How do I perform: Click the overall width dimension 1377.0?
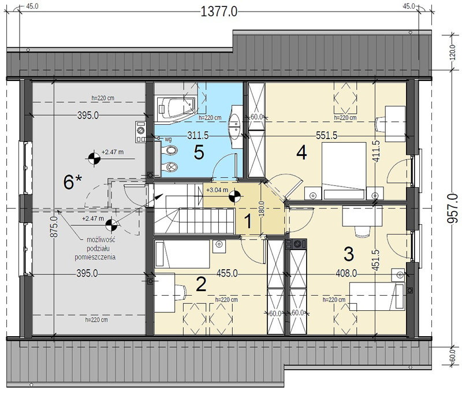pyautogui.click(x=219, y=12)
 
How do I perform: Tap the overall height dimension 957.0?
pyautogui.click(x=454, y=208)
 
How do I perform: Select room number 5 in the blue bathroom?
pyautogui.click(x=199, y=152)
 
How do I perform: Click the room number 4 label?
pyautogui.click(x=301, y=152)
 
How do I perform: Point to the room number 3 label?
pyautogui.click(x=349, y=254)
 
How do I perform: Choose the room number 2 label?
pyautogui.click(x=201, y=285)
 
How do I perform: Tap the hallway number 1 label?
pyautogui.click(x=248, y=221)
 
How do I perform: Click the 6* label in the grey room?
pyautogui.click(x=73, y=181)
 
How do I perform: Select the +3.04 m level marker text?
pyautogui.click(x=217, y=190)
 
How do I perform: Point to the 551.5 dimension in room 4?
pyautogui.click(x=326, y=135)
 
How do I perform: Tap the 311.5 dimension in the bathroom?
pyautogui.click(x=198, y=135)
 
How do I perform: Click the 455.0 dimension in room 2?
pyautogui.click(x=227, y=273)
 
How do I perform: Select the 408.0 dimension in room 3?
pyautogui.click(x=346, y=273)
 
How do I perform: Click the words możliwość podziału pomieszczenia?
pyautogui.click(x=95, y=248)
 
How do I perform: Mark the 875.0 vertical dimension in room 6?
pyautogui.click(x=54, y=226)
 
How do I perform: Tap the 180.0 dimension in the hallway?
pyautogui.click(x=262, y=209)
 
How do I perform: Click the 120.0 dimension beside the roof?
pyautogui.click(x=453, y=53)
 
